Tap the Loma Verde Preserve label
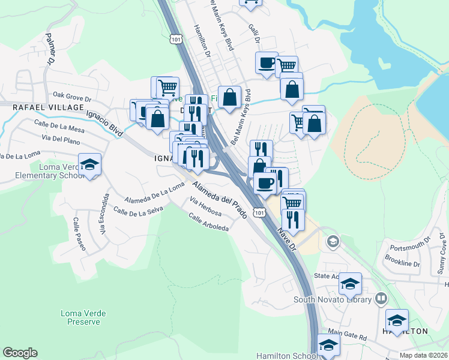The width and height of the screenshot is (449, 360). [x=80, y=317]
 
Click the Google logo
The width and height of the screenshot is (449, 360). [x=20, y=353]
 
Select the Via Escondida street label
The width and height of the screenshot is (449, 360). [x=104, y=214]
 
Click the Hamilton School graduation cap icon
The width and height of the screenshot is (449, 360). [x=328, y=345]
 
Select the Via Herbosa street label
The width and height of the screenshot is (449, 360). [x=205, y=207]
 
